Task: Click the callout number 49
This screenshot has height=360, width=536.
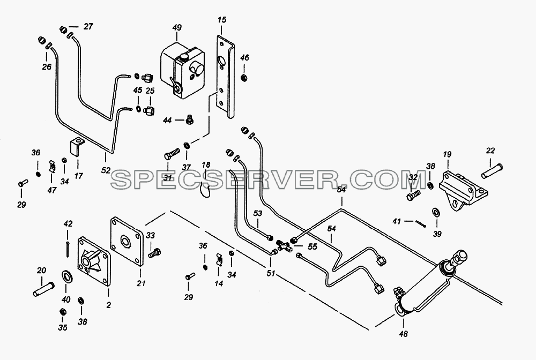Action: [177, 28]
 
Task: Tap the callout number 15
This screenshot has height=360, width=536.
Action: [222, 20]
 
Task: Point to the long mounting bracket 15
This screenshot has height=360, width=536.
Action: [226, 77]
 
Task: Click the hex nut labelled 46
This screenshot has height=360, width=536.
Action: [244, 78]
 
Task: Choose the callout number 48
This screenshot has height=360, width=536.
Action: [404, 334]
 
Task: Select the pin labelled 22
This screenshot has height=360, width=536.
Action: [492, 171]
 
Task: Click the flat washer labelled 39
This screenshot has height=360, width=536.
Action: [436, 212]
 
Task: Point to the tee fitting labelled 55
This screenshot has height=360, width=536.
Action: [284, 245]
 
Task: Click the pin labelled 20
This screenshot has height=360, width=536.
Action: [44, 288]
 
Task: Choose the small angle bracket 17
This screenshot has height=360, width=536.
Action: [76, 147]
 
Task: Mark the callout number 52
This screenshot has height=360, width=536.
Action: [106, 170]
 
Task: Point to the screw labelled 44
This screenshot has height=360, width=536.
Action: [189, 119]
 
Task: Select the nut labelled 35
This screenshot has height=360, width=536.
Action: [63, 312]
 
